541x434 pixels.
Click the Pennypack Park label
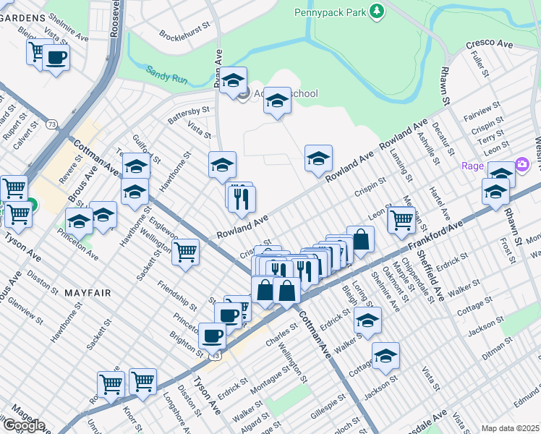click(x=329, y=12)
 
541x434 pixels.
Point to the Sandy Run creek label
click(x=167, y=73)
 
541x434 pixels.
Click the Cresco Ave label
click(x=489, y=44)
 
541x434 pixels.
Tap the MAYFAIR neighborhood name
click(x=87, y=293)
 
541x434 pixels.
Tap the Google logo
click(x=23, y=425)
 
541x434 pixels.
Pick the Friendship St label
click(x=178, y=292)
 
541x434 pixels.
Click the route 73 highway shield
click(x=52, y=124)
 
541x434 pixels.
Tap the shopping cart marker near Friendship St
click(x=187, y=252)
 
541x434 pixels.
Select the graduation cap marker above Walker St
click(x=368, y=320)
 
